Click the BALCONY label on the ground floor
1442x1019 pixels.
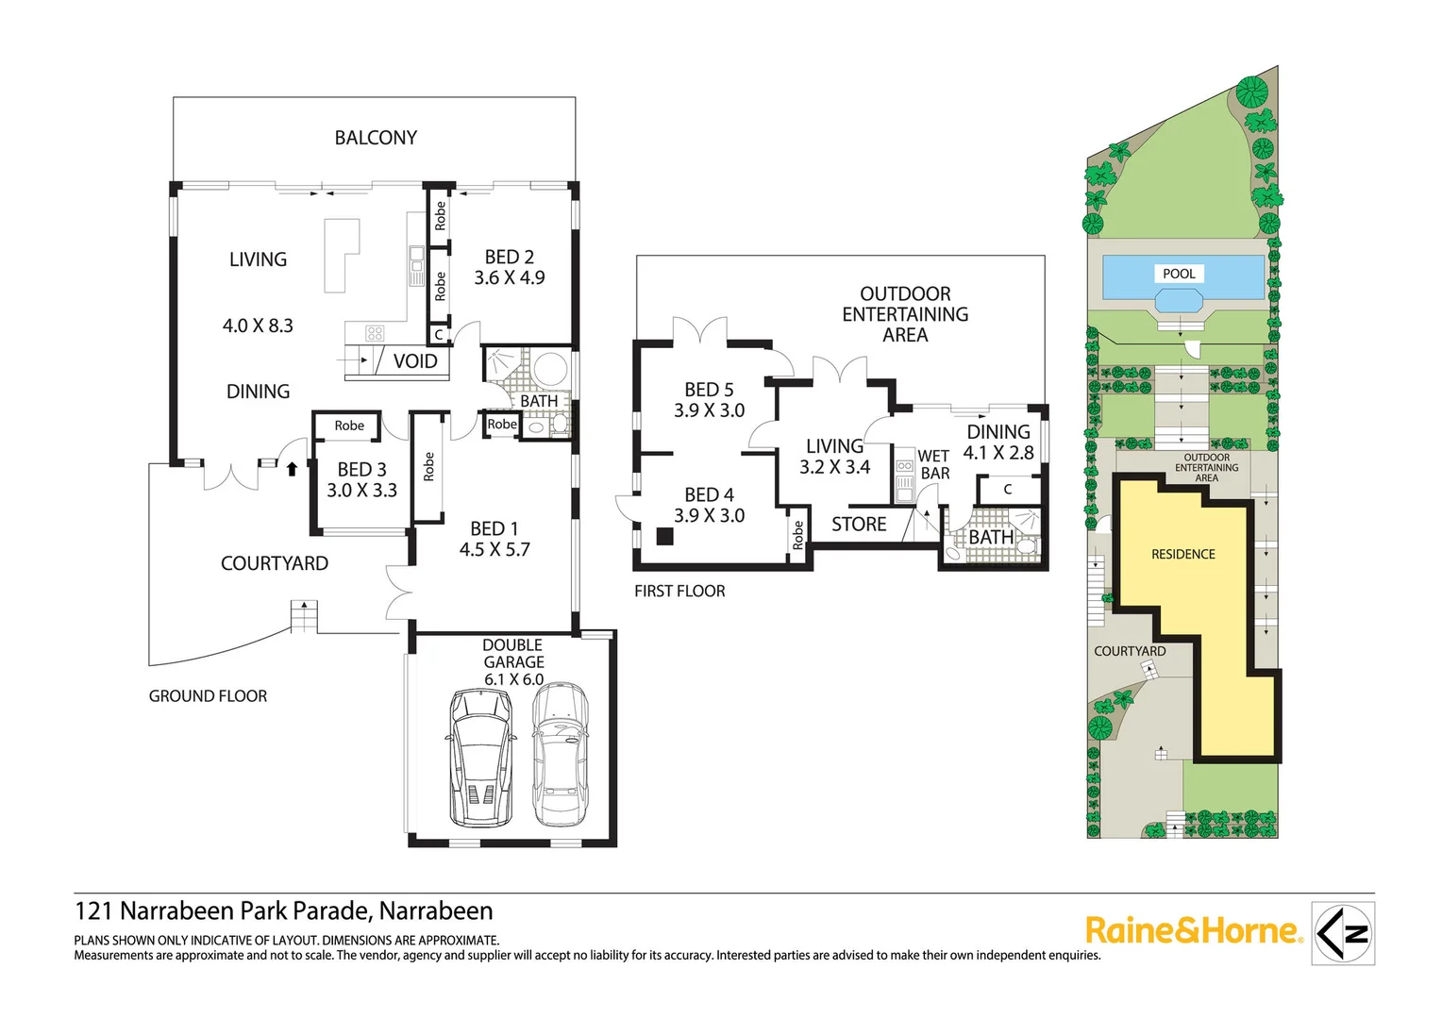click(x=376, y=138)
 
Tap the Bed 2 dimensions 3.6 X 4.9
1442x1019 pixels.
click(x=510, y=278)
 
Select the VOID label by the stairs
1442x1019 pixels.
click(x=415, y=361)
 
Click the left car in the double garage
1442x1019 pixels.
click(x=481, y=757)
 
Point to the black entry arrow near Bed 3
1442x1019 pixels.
click(x=292, y=469)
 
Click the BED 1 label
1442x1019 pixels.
click(x=495, y=529)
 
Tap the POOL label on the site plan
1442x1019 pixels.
click(x=1179, y=274)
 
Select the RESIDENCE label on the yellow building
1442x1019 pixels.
click(x=1183, y=555)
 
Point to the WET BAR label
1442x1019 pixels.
click(x=934, y=465)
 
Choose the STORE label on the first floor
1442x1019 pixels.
click(x=859, y=525)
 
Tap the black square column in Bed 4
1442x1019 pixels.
click(x=664, y=537)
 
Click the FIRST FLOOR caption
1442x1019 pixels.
click(x=679, y=592)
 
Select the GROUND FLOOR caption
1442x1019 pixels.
click(x=208, y=696)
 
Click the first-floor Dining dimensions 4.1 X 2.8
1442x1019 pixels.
click(x=998, y=453)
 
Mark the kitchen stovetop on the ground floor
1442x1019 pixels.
click(x=375, y=333)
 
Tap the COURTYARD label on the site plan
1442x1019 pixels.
click(x=1130, y=652)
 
